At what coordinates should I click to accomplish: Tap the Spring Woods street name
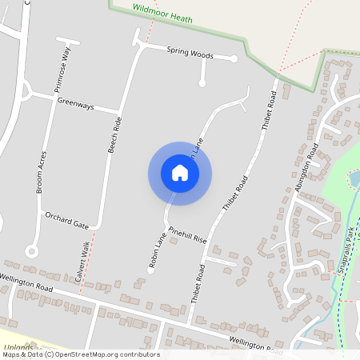click(190, 53)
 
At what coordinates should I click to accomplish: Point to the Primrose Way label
click(69, 70)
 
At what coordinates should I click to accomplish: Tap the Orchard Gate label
click(66, 218)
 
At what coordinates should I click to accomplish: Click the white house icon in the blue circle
click(180, 173)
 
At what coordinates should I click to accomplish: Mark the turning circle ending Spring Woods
click(234, 58)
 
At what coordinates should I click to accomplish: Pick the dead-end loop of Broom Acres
click(31, 250)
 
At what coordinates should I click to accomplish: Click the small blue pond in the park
click(354, 177)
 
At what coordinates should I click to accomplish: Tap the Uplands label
click(18, 347)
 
